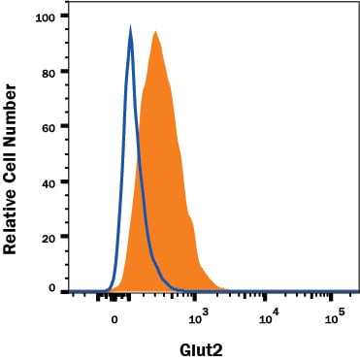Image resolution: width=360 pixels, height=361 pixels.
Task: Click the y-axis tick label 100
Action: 46,17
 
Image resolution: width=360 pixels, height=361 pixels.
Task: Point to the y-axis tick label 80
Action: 49,73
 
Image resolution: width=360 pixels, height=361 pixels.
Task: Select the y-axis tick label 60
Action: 49,128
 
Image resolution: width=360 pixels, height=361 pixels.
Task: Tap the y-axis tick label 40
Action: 49,182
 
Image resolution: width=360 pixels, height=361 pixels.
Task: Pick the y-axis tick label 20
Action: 49,238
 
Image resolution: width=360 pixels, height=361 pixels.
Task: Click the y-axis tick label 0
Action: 52,288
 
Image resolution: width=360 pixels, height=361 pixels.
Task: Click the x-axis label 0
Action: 114,320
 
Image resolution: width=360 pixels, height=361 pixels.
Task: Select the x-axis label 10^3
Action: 199,317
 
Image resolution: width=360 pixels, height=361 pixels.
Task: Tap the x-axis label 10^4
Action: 269,317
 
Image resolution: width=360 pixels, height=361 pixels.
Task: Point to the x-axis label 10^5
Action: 335,317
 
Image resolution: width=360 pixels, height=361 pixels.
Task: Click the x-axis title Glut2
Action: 201,350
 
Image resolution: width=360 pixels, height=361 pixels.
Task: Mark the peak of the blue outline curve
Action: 130,26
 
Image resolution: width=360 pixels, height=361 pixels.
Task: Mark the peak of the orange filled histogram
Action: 156,31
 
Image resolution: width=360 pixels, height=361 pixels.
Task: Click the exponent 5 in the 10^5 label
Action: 342,312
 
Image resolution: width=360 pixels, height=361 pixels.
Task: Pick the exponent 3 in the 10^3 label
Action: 206,312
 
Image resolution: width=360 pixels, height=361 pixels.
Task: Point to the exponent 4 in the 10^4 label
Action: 276,312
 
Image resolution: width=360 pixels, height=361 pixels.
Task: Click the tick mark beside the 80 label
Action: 64,72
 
